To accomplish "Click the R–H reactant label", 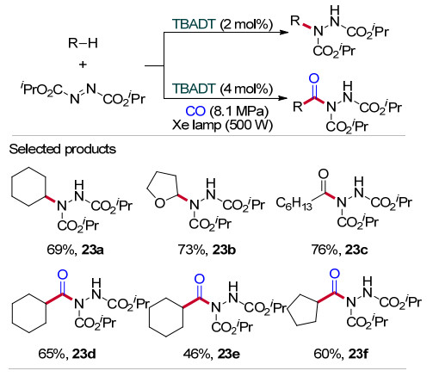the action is coord(83,43).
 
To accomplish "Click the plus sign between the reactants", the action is coord(83,65).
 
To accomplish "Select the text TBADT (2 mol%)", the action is coord(222,24).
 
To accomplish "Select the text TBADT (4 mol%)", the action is coord(222,89).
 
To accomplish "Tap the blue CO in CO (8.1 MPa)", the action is coord(195,111).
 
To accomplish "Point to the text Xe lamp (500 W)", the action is coord(222,125).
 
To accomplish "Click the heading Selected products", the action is coord(63,149).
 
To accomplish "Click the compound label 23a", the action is coord(92,250).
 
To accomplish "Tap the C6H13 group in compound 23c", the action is coord(294,203).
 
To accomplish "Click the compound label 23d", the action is coord(84,354).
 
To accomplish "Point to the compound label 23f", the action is coord(358,354).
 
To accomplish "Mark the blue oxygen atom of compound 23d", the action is coord(63,275).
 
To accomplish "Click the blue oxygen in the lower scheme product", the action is coord(314,78).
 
